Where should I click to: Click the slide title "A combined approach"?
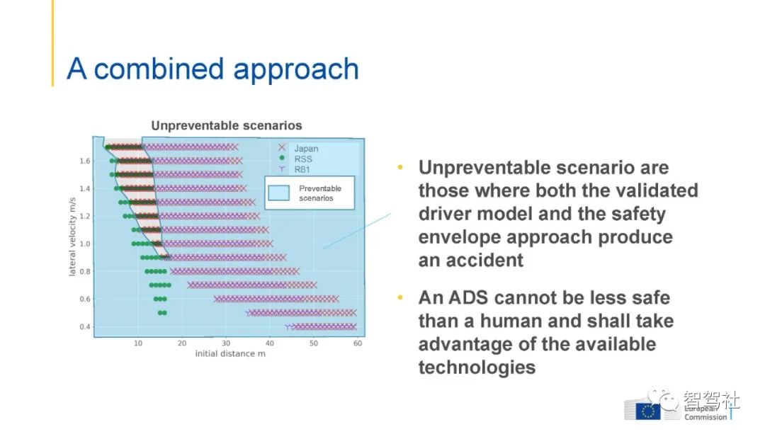coord(212,69)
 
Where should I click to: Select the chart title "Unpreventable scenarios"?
coord(227,126)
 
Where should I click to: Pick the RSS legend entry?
coord(295,159)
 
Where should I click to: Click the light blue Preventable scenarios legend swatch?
coord(278,193)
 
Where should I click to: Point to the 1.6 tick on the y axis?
coord(85,161)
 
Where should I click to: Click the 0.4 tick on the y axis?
coord(85,326)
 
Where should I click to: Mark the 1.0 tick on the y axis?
coord(85,244)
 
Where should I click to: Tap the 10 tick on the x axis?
coord(138,343)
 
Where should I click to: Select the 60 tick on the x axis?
coord(358,343)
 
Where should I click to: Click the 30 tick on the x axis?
coord(226,343)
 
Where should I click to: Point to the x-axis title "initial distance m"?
coord(230,353)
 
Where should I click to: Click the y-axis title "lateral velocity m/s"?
coord(72,237)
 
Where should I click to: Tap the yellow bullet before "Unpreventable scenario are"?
coord(400,167)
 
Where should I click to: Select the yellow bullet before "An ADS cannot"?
coord(400,297)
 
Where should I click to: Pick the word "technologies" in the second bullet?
coord(477,367)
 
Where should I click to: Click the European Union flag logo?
coord(648,411)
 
